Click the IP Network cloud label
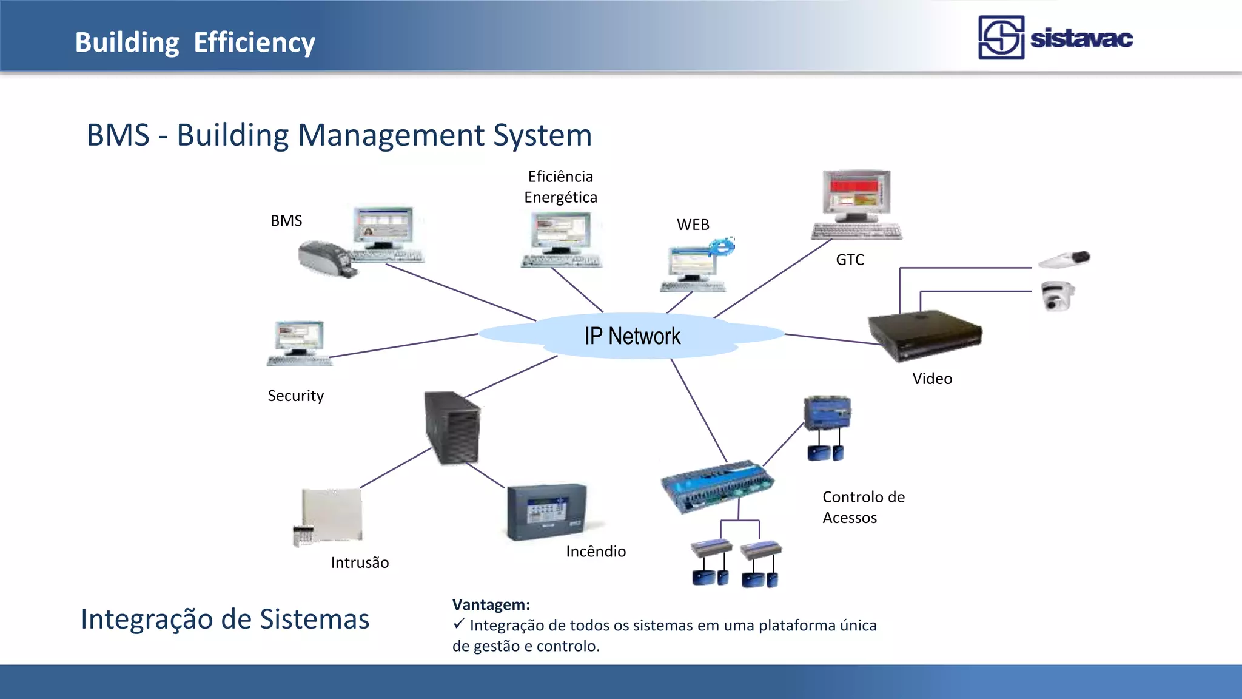click(632, 336)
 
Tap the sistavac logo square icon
click(1001, 38)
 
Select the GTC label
click(850, 260)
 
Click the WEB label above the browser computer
click(693, 225)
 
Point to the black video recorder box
click(924, 333)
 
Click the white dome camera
click(1057, 295)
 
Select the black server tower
click(452, 428)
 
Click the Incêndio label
click(596, 552)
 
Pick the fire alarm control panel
click(546, 512)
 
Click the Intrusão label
click(360, 562)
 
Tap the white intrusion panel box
click(332, 515)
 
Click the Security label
click(295, 396)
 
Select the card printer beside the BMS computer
click(326, 259)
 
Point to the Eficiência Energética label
click(560, 187)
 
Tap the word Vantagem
click(491, 604)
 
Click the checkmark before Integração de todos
click(458, 623)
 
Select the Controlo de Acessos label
click(863, 507)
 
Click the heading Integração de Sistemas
click(225, 620)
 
